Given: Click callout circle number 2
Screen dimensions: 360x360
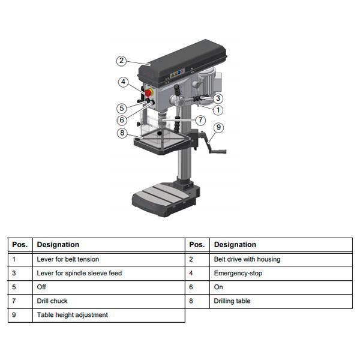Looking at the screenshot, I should point(122,61).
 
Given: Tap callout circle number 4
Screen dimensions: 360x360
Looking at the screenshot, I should point(122,82).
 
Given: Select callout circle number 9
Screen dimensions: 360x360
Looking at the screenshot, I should point(218,127).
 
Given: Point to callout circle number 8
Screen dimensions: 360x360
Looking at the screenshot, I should point(122,133).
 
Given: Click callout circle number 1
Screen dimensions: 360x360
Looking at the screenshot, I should point(218,110).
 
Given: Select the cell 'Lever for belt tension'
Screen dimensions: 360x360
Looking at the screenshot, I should point(68,259).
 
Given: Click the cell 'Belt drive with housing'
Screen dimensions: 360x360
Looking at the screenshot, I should point(247,259).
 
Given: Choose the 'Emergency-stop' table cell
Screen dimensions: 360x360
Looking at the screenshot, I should point(238,273).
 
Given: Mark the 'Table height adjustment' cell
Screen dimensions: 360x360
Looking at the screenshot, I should point(73,315).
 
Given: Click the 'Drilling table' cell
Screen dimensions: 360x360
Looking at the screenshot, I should point(232,301).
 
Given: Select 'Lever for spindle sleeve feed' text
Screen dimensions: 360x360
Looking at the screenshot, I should point(79,273).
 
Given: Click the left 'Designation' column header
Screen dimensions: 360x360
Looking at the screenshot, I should point(58,245).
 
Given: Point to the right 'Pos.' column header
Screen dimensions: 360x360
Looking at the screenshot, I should point(197,245).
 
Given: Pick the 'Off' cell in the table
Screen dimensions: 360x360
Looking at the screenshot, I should point(42,287).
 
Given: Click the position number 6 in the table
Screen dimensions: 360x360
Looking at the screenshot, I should point(191,287).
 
